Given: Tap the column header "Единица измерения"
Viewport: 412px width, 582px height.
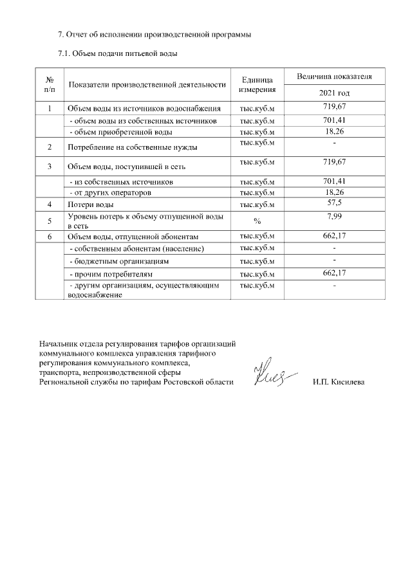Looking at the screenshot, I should coord(257,84).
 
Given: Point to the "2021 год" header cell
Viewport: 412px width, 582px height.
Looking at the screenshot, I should coord(334,93).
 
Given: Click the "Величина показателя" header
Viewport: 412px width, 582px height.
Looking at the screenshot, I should coord(334,77).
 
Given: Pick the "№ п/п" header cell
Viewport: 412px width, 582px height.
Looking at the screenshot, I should coord(50,84).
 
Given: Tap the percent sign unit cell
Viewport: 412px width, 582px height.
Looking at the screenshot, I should coord(257,222).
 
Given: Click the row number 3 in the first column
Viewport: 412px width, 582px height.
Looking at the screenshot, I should coord(50,167).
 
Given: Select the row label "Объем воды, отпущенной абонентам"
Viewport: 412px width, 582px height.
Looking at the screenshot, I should coord(131,237).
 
